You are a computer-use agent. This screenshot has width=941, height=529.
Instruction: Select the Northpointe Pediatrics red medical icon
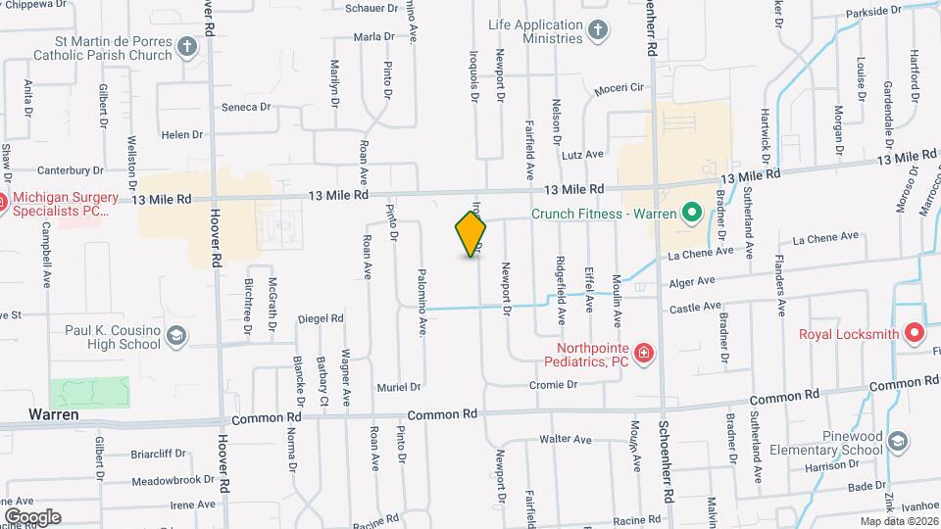644,353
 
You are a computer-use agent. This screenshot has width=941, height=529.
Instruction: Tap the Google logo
33,516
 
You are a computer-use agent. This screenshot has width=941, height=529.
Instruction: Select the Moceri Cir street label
618,88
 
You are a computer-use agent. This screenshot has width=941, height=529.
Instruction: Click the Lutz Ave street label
582,155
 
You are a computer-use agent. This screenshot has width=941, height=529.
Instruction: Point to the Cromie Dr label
552,385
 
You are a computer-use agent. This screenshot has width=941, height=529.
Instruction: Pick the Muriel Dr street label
398,387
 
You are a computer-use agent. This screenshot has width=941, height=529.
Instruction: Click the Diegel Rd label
321,318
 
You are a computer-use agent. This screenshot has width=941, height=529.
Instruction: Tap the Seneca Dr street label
245,107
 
